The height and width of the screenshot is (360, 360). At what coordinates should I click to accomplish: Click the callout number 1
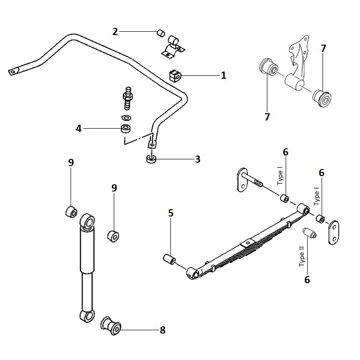[x=223, y=75]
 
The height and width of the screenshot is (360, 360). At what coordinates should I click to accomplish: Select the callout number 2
[x=115, y=32]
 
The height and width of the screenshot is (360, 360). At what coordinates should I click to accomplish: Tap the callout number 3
[x=197, y=159]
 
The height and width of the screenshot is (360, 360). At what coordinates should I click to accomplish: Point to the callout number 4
[x=79, y=128]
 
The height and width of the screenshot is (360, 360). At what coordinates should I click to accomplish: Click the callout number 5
[x=171, y=213]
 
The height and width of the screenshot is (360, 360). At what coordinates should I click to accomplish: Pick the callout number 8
[x=162, y=330]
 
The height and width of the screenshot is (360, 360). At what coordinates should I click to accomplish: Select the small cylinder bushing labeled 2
[x=160, y=33]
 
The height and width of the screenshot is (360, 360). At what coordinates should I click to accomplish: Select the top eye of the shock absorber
[x=88, y=221]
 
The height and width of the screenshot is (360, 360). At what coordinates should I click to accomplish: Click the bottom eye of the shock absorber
[x=86, y=316]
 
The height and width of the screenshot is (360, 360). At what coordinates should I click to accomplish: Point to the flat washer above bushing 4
[x=126, y=118]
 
